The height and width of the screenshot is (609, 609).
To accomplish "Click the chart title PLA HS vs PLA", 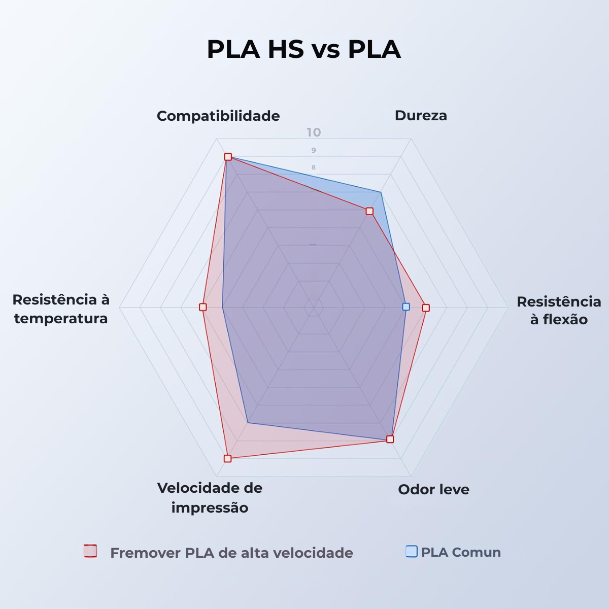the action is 303,49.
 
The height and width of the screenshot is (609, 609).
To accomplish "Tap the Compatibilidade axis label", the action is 218,116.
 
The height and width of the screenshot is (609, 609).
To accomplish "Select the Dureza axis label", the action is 421,115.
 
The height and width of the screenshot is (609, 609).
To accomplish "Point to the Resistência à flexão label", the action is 559,311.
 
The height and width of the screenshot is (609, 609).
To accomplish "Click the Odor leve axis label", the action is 433,490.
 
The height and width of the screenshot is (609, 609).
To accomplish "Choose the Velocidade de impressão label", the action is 210,498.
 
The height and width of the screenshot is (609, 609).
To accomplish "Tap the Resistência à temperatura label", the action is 61,309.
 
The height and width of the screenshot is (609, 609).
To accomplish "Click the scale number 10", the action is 314,132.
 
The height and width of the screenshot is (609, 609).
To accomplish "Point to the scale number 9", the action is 314,150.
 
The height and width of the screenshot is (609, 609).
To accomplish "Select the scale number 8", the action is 314,167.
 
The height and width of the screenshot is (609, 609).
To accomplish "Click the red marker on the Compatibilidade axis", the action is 228,157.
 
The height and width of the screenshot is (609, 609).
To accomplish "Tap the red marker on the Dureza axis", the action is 369,211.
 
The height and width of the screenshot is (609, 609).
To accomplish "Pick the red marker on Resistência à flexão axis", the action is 426,308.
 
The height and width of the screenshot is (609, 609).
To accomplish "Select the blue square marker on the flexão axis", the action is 406,307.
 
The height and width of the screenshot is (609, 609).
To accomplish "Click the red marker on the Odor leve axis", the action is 390,439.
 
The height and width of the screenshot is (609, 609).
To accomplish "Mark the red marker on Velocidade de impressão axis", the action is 227,459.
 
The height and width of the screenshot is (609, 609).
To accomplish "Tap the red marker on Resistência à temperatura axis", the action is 203,307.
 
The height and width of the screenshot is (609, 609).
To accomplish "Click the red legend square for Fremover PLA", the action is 90,551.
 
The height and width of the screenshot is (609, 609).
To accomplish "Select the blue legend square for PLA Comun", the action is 412,551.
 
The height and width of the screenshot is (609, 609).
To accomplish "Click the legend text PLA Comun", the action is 461,552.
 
